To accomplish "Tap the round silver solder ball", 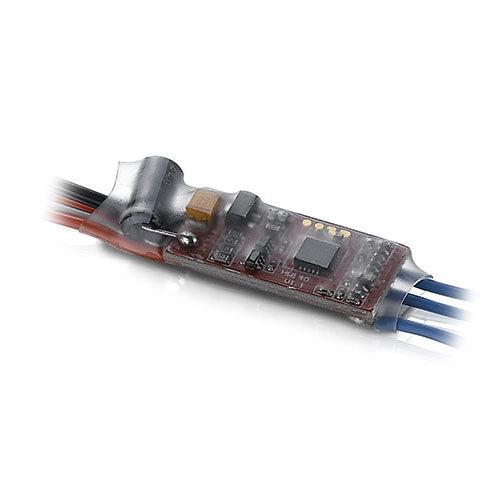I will tap(186, 241).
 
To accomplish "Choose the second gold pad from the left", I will tap(318, 227).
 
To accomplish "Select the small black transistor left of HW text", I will tap(256, 257).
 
